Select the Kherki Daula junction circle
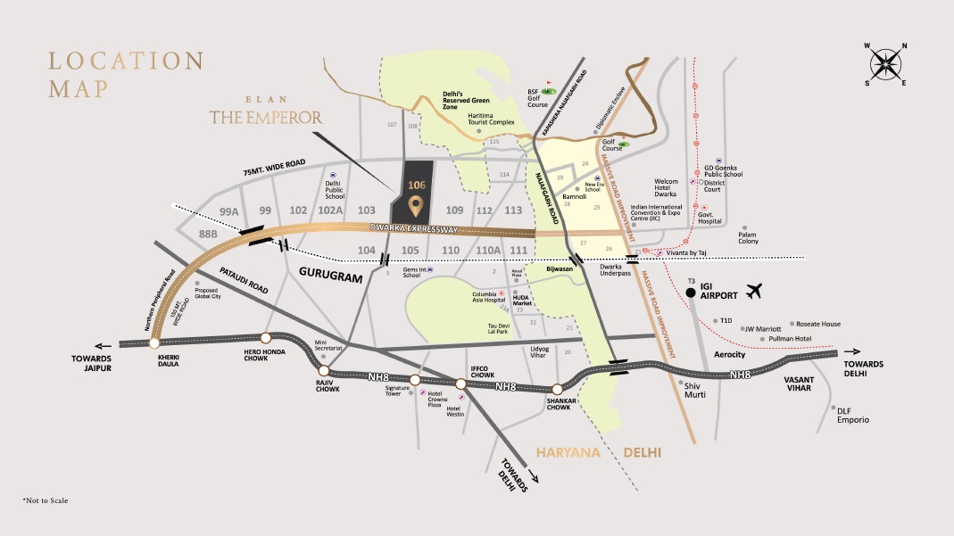(x=155, y=342)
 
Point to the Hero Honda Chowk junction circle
(x=265, y=337)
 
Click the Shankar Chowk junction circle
(x=557, y=389)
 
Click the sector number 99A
(x=229, y=211)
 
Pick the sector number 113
(x=513, y=210)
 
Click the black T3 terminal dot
(x=690, y=293)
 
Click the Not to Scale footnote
(x=45, y=501)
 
